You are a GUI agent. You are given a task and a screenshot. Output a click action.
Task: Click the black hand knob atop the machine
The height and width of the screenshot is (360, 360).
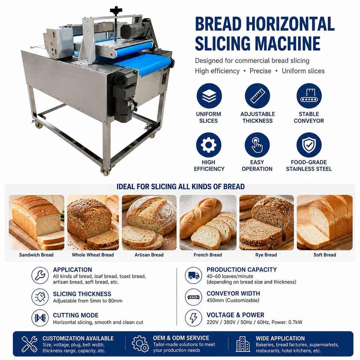pyautogui.click(x=116, y=10)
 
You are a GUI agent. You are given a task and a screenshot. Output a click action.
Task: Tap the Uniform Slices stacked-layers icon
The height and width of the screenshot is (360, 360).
pyautogui.click(x=209, y=96)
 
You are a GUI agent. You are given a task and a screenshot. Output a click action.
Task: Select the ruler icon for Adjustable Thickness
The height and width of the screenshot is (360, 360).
pyautogui.click(x=257, y=96)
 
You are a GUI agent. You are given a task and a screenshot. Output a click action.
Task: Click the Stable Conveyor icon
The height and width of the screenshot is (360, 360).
pyautogui.click(x=309, y=96)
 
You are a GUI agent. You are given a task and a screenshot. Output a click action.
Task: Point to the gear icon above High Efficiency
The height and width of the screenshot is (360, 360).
pyautogui.click(x=208, y=145)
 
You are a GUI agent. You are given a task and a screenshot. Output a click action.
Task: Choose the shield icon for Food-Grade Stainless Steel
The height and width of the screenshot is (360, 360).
pyautogui.click(x=309, y=145)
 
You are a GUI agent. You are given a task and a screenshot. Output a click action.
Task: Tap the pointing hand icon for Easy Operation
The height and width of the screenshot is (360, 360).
pyautogui.click(x=257, y=145)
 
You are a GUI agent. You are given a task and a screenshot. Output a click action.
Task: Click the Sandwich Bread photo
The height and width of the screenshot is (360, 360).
pyautogui.click(x=36, y=222)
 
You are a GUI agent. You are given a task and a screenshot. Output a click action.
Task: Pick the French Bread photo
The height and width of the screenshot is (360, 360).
pyautogui.click(x=208, y=222)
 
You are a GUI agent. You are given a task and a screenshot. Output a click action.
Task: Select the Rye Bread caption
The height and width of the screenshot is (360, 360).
pyautogui.click(x=266, y=255)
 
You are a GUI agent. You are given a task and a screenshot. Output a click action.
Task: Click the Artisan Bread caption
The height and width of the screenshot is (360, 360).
pyautogui.click(x=149, y=255)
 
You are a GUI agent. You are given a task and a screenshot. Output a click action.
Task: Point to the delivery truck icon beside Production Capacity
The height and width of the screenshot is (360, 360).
pyautogui.click(x=193, y=275)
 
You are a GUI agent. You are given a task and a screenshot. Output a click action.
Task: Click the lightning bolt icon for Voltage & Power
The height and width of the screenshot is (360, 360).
pyautogui.click(x=193, y=318)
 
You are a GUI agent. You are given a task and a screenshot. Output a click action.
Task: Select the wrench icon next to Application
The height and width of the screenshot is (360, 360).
pyautogui.click(x=40, y=275)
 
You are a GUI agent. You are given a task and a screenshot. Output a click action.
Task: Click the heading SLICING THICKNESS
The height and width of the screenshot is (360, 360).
pyautogui.click(x=82, y=294)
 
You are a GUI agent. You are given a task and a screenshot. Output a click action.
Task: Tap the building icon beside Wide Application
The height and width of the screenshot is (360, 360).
pyautogui.click(x=243, y=344)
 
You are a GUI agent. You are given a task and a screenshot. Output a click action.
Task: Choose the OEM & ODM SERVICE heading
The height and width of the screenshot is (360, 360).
pyautogui.click(x=181, y=338)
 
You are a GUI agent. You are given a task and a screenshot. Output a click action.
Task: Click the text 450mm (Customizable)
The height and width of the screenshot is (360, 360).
pyautogui.click(x=233, y=300)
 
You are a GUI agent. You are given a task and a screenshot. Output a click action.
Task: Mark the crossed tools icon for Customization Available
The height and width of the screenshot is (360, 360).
pyautogui.click(x=29, y=344)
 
